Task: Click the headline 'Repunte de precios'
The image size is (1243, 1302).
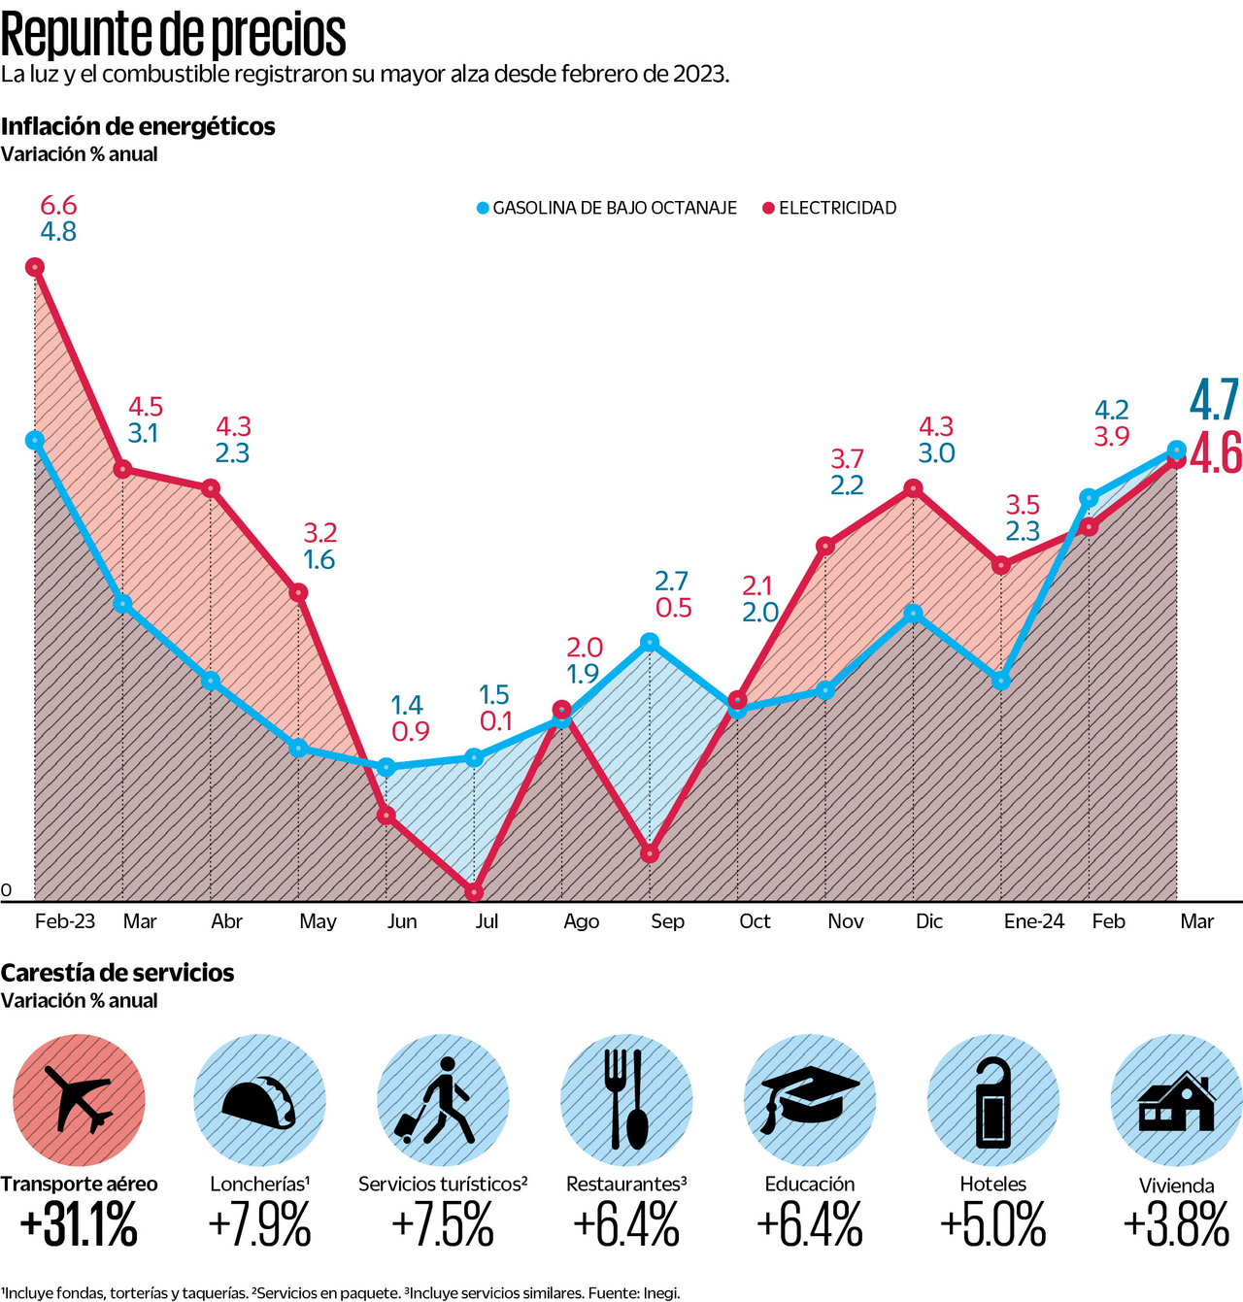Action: coord(173,35)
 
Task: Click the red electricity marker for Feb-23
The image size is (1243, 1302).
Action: coord(35,267)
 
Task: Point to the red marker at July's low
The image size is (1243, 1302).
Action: coord(474,891)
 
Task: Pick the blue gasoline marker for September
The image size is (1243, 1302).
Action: coord(650,642)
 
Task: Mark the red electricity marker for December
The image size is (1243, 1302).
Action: coord(913,488)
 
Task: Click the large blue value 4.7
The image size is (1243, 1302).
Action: coord(1215,399)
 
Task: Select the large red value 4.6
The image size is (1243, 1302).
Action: coord(1216,452)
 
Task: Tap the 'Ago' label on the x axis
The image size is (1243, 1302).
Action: coord(581,921)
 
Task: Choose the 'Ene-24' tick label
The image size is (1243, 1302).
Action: coord(1033,921)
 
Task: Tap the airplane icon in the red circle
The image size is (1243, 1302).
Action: coord(79,1100)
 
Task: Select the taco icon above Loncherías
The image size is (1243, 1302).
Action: coord(259,1103)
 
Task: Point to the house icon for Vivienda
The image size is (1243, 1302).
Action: coord(1176,1102)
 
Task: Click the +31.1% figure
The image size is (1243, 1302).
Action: coord(79,1225)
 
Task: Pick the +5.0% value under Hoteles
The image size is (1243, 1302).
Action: coord(992,1225)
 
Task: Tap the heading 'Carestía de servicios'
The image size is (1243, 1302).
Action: coord(118,973)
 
